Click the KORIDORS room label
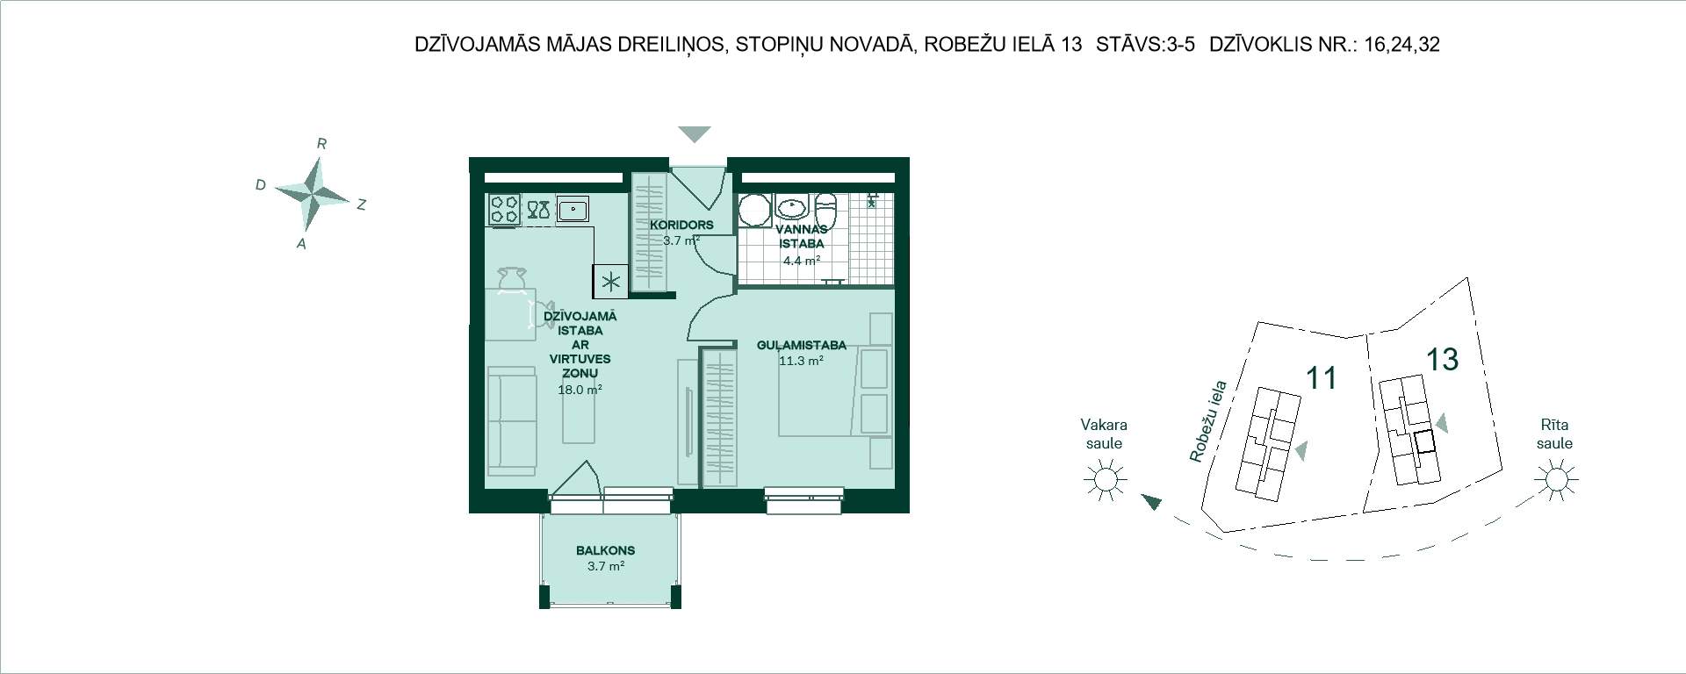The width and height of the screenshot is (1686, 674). pyautogui.click(x=681, y=225)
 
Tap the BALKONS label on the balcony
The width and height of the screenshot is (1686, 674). pyautogui.click(x=605, y=551)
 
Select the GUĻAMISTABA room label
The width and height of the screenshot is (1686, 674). pyautogui.click(x=801, y=346)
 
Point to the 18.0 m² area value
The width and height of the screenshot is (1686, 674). pyautogui.click(x=580, y=390)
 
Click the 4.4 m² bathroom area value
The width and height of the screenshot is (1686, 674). pyautogui.click(x=801, y=260)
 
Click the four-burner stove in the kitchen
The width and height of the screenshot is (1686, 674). pyautogui.click(x=504, y=210)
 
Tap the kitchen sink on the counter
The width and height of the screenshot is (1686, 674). pyautogui.click(x=573, y=210)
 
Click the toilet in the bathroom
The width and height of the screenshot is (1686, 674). pyautogui.click(x=826, y=212)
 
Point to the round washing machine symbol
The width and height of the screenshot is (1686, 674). pyautogui.click(x=753, y=211)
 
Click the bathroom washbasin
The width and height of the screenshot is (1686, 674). pyautogui.click(x=793, y=207)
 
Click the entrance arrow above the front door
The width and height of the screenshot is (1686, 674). pyautogui.click(x=695, y=134)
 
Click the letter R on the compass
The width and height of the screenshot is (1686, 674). pyautogui.click(x=321, y=144)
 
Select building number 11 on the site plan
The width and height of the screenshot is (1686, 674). pyautogui.click(x=1322, y=378)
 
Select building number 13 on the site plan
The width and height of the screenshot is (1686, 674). pyautogui.click(x=1442, y=358)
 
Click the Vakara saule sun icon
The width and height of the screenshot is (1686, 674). pyautogui.click(x=1105, y=480)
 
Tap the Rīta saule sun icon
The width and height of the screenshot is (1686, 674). pyautogui.click(x=1555, y=480)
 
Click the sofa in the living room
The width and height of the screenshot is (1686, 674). pyautogui.click(x=511, y=421)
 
